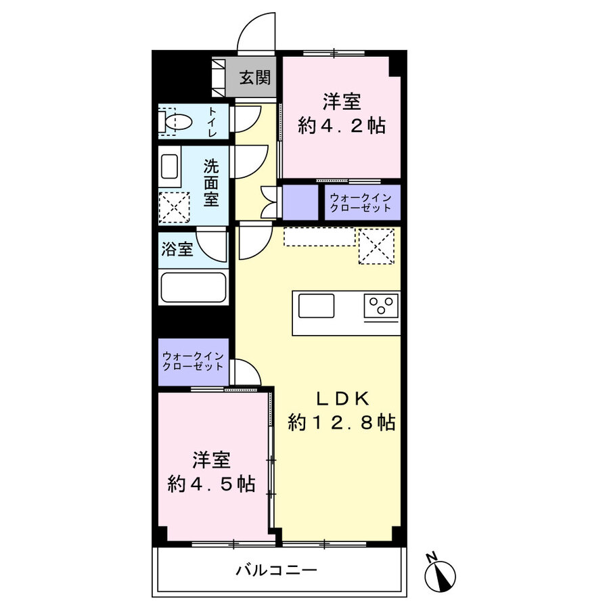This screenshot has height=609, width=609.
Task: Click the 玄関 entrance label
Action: [254, 78]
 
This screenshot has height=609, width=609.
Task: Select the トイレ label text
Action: [212, 122]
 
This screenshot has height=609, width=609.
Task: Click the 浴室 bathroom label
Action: [177, 249]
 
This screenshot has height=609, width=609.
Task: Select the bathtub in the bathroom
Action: [193, 288]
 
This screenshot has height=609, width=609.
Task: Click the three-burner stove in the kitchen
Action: [382, 307]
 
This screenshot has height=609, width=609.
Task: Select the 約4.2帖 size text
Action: [342, 125]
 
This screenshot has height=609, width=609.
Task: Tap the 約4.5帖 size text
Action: [211, 484]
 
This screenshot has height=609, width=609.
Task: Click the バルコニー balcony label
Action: [276, 570]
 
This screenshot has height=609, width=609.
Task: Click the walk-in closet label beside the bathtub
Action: [193, 361]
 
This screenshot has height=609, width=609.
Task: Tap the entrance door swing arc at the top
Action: [257, 32]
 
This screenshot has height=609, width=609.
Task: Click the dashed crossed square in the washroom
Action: [173, 207]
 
